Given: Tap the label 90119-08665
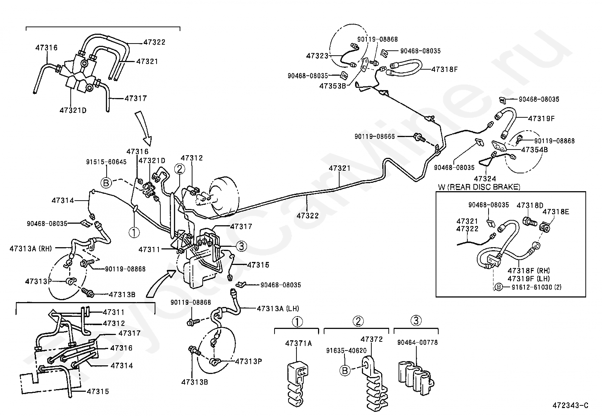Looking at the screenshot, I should click(x=374, y=136).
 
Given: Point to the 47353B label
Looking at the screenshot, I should click(x=332, y=86).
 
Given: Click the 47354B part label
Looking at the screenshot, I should click(x=534, y=150).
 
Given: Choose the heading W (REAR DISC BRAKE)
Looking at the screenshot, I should click(x=479, y=187).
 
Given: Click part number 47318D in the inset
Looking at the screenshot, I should click(x=530, y=205).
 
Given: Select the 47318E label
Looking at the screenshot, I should click(x=555, y=212).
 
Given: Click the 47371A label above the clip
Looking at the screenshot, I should click(x=298, y=343).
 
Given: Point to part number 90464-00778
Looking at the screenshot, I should click(x=417, y=343).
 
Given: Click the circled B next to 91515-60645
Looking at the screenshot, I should click(x=106, y=183).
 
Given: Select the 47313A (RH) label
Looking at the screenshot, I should click(x=31, y=249).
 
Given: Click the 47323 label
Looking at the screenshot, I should click(x=317, y=56).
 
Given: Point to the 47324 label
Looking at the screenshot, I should click(x=485, y=178).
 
